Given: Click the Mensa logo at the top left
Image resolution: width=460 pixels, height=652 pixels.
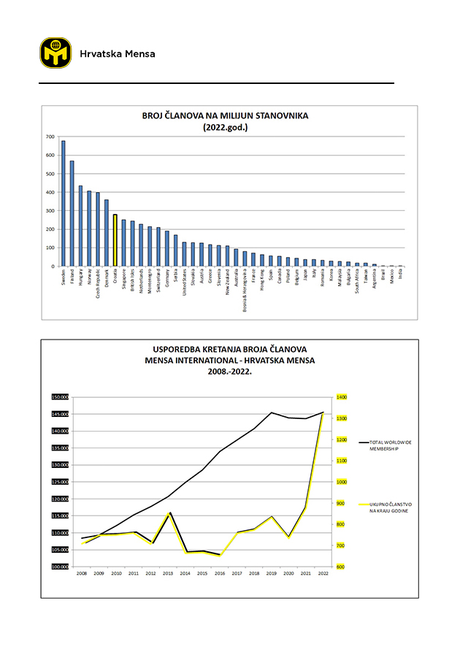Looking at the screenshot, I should tap(55, 54).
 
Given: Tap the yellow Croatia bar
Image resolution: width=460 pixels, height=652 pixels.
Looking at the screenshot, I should tap(115, 240).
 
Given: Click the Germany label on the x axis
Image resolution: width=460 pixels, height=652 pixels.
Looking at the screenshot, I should tap(167, 278).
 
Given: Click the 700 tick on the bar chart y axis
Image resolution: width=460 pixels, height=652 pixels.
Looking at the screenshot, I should tap(50, 137).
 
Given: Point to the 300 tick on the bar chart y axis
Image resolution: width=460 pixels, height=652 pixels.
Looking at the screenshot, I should tap(50, 210).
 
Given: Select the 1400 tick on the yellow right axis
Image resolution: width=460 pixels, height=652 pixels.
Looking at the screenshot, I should tap(341, 397).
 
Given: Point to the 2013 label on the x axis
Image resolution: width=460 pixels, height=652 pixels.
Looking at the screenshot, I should tap(168, 574).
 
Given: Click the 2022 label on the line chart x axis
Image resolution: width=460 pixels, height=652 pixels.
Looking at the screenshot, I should tap(323, 574).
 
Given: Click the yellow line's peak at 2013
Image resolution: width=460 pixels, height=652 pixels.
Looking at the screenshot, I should tap(169, 514).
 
